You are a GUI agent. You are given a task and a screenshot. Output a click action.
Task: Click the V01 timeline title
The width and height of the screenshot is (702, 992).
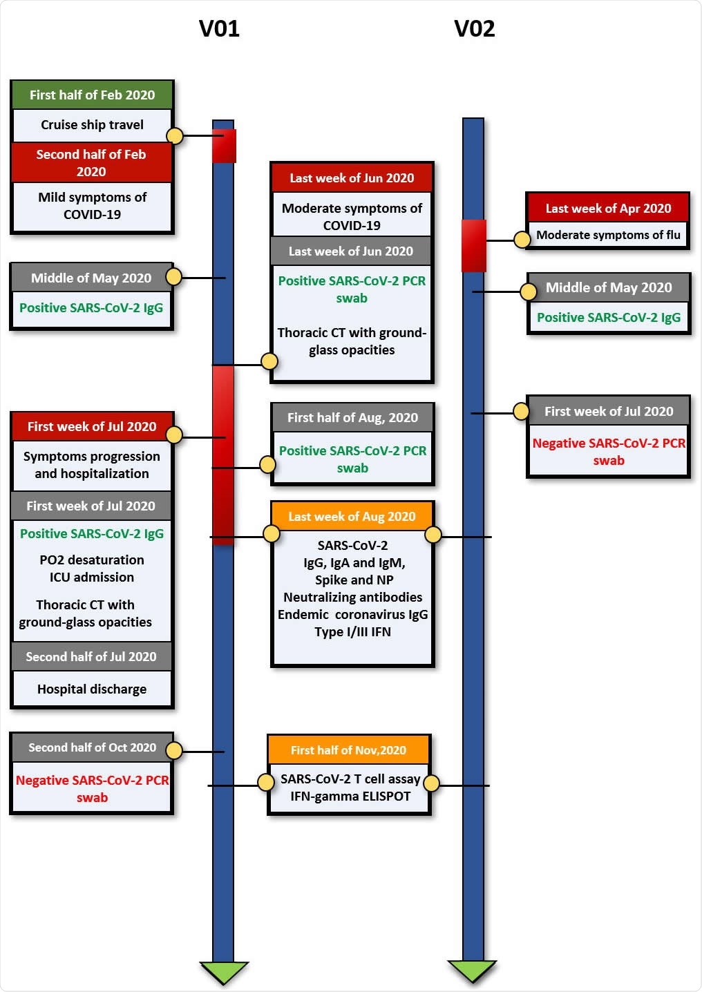pyautogui.click(x=219, y=29)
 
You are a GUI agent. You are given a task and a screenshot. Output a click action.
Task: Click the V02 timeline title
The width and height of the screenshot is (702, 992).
pyautogui.click(x=474, y=29)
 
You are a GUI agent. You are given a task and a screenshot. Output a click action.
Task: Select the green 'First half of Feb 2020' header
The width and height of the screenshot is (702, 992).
pyautogui.click(x=92, y=95)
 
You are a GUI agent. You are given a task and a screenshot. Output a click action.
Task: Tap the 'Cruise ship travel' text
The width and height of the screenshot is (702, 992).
pyautogui.click(x=92, y=125)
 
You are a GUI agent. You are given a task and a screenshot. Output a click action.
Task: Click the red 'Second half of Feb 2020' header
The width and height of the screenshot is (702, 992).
pyautogui.click(x=91, y=163)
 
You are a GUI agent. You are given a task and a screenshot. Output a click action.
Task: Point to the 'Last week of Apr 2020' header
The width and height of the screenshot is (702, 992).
pyautogui.click(x=608, y=209)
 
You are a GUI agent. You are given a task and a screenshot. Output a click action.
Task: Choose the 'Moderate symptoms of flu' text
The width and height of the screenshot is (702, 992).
pyautogui.click(x=608, y=235)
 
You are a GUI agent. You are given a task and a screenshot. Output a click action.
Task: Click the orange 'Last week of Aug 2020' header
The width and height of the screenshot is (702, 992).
pyautogui.click(x=352, y=517)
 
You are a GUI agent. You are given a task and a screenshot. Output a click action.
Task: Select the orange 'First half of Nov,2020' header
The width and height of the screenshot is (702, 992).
pyautogui.click(x=348, y=750)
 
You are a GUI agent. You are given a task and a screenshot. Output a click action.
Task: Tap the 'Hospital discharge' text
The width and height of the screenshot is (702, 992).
pyautogui.click(x=92, y=689)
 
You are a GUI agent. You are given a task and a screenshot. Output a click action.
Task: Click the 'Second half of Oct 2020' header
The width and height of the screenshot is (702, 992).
pyautogui.click(x=92, y=747)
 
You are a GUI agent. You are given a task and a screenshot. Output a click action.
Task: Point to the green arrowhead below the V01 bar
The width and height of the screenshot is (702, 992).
pyautogui.click(x=223, y=971)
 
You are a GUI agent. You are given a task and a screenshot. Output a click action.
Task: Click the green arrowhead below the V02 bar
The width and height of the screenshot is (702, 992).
pyautogui.click(x=473, y=971)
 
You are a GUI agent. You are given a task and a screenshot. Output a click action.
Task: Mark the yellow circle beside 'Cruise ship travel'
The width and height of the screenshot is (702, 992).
pyautogui.click(x=175, y=136)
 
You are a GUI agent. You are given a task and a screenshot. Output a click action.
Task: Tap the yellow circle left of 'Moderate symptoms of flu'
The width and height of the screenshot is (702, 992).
pyautogui.click(x=522, y=240)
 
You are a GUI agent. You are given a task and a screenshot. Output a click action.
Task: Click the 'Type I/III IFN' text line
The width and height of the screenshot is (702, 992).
pyautogui.click(x=352, y=632)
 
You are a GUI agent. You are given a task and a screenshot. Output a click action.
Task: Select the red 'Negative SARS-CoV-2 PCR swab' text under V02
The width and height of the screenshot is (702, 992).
pyautogui.click(x=608, y=452)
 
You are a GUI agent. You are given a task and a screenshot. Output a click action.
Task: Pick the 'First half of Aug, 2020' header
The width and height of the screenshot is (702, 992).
pyautogui.click(x=352, y=418)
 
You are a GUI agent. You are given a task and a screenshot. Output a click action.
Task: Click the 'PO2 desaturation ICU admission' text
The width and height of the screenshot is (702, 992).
pyautogui.click(x=92, y=569)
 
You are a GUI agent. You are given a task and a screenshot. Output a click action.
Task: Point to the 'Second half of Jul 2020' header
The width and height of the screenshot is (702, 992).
pyautogui.click(x=91, y=657)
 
